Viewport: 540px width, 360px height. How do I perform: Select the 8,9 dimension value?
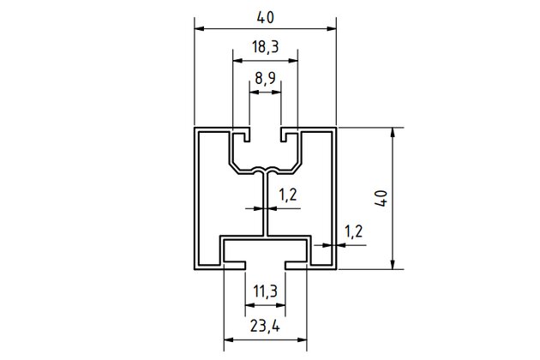[x=265, y=80]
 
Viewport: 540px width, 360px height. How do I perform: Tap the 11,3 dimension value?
[x=266, y=292]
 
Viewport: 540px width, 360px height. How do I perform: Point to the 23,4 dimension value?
[x=266, y=325]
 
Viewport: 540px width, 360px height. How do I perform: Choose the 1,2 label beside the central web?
[x=288, y=195]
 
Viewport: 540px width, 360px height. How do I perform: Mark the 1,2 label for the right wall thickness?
[x=352, y=231]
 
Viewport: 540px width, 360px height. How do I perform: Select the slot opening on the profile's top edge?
[x=266, y=131]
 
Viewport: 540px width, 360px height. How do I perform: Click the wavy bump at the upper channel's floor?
[x=266, y=167]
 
